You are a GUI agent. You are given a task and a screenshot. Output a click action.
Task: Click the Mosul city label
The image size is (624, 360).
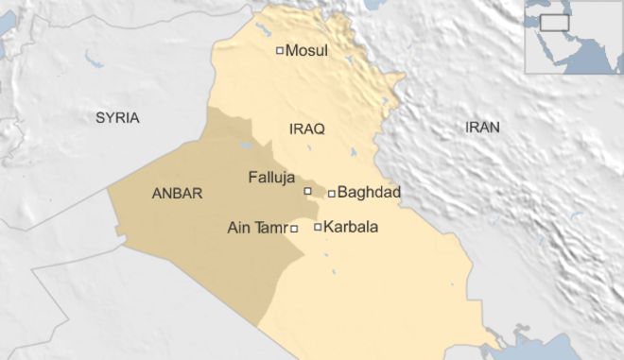pyautogui.click(x=306, y=51)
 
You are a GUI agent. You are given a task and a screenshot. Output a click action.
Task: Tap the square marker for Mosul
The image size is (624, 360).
pyautogui.click(x=279, y=51)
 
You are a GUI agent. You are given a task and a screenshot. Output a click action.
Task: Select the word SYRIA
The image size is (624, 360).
pyautogui.click(x=117, y=118)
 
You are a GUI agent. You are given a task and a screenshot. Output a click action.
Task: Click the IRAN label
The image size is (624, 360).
pyautogui.click(x=483, y=127)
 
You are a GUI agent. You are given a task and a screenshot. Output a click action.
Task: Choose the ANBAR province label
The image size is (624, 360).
pyautogui.click(x=177, y=193)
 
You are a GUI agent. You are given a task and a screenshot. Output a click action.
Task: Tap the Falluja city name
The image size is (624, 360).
pyautogui.click(x=271, y=176)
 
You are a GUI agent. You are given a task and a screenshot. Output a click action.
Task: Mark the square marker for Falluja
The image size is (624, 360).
pyautogui.click(x=307, y=191)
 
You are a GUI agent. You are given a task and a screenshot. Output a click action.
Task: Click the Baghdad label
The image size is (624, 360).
pyautogui.click(x=370, y=193)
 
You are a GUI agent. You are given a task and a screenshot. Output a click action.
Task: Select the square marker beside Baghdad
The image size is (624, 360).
pyautogui.click(x=332, y=194)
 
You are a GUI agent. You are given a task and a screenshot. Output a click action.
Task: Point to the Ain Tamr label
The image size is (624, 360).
pyautogui.click(x=258, y=228)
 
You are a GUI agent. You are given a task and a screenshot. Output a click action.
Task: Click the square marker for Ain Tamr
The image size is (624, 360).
pyautogui.click(x=294, y=228)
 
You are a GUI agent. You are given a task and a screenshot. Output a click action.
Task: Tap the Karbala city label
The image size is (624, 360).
pyautogui.click(x=352, y=227)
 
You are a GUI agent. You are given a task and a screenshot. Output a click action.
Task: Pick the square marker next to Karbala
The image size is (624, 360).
pyautogui.click(x=318, y=227)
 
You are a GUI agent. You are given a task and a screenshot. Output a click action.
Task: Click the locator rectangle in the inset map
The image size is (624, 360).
pyautogui.click(x=554, y=23)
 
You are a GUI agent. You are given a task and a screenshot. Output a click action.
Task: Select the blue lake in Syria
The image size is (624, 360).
pyautogui.click(x=94, y=62)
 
